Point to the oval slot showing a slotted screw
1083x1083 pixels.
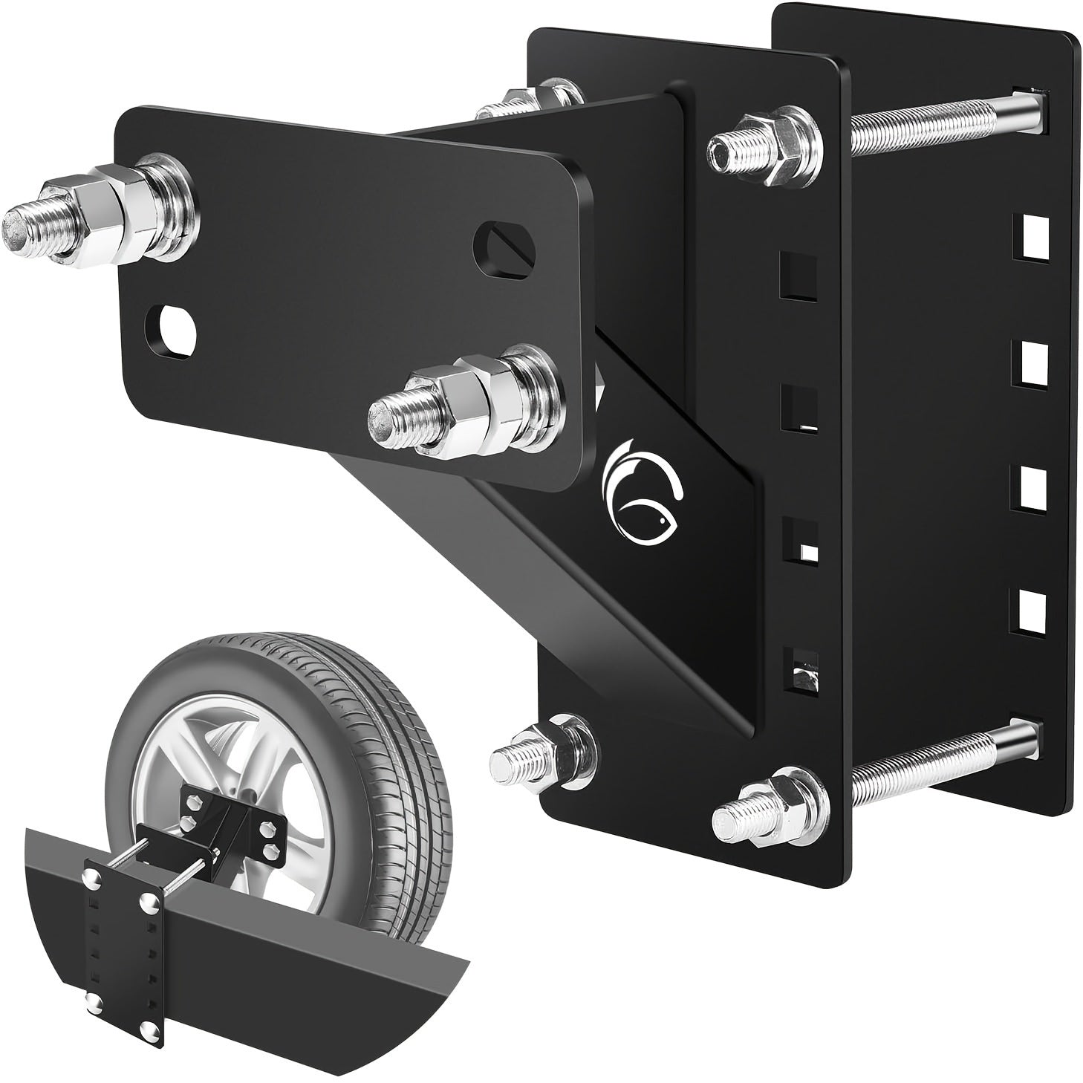click(x=503, y=241)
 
